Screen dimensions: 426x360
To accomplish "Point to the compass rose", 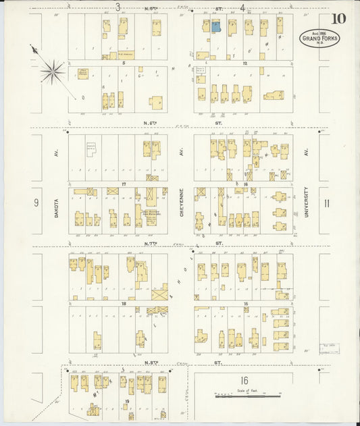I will click(51, 70).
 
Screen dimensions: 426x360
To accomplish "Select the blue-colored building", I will click(216, 27).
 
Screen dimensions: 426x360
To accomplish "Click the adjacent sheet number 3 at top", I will click(118, 7).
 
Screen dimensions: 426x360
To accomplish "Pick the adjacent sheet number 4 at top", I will click(242, 7).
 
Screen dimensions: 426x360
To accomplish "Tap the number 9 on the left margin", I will click(36, 203).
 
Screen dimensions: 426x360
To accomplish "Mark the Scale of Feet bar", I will click(247, 396).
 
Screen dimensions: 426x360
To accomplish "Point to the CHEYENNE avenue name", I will click(181, 201).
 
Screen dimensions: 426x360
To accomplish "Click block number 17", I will click(124, 184).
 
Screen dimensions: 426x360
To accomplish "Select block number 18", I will click(124, 304).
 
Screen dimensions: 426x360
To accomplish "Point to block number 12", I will click(246, 63).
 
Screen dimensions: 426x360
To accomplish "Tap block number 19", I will click(127, 401).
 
